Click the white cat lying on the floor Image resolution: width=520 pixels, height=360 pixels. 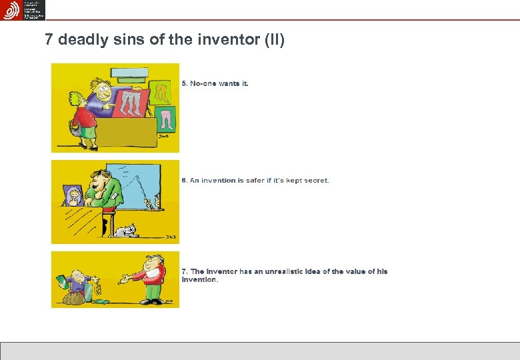pyautogui.click(x=126, y=231)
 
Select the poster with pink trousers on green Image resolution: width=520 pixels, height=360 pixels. pyautogui.click(x=165, y=119)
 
